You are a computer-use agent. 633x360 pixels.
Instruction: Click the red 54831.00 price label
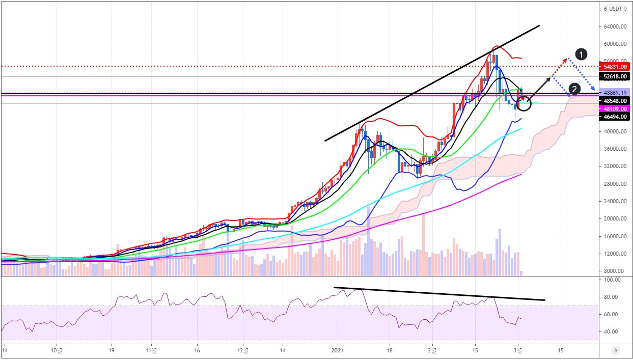(x=615, y=67)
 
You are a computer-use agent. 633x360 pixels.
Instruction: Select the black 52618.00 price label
(x=615, y=76)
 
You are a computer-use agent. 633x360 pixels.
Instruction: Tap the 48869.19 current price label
(x=615, y=93)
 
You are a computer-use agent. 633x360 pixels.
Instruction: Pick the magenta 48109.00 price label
(x=615, y=109)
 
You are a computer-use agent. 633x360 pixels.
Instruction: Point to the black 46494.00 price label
(x=615, y=117)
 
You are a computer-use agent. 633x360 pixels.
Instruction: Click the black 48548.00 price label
(x=615, y=101)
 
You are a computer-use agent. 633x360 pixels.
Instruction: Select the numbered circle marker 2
(x=574, y=90)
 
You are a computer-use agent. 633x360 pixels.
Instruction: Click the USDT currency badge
(x=616, y=9)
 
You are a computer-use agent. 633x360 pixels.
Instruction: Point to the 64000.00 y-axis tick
(x=615, y=26)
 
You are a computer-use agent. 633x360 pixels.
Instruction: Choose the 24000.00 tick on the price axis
(x=615, y=201)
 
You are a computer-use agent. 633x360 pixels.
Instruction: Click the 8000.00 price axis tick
(x=615, y=271)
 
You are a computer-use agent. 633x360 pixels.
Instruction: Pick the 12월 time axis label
(x=243, y=350)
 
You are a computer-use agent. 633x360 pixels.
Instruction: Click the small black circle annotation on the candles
(x=524, y=104)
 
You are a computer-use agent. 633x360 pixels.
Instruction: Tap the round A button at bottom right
(x=616, y=350)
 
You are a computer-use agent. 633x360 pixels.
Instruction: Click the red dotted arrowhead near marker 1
(x=564, y=60)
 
